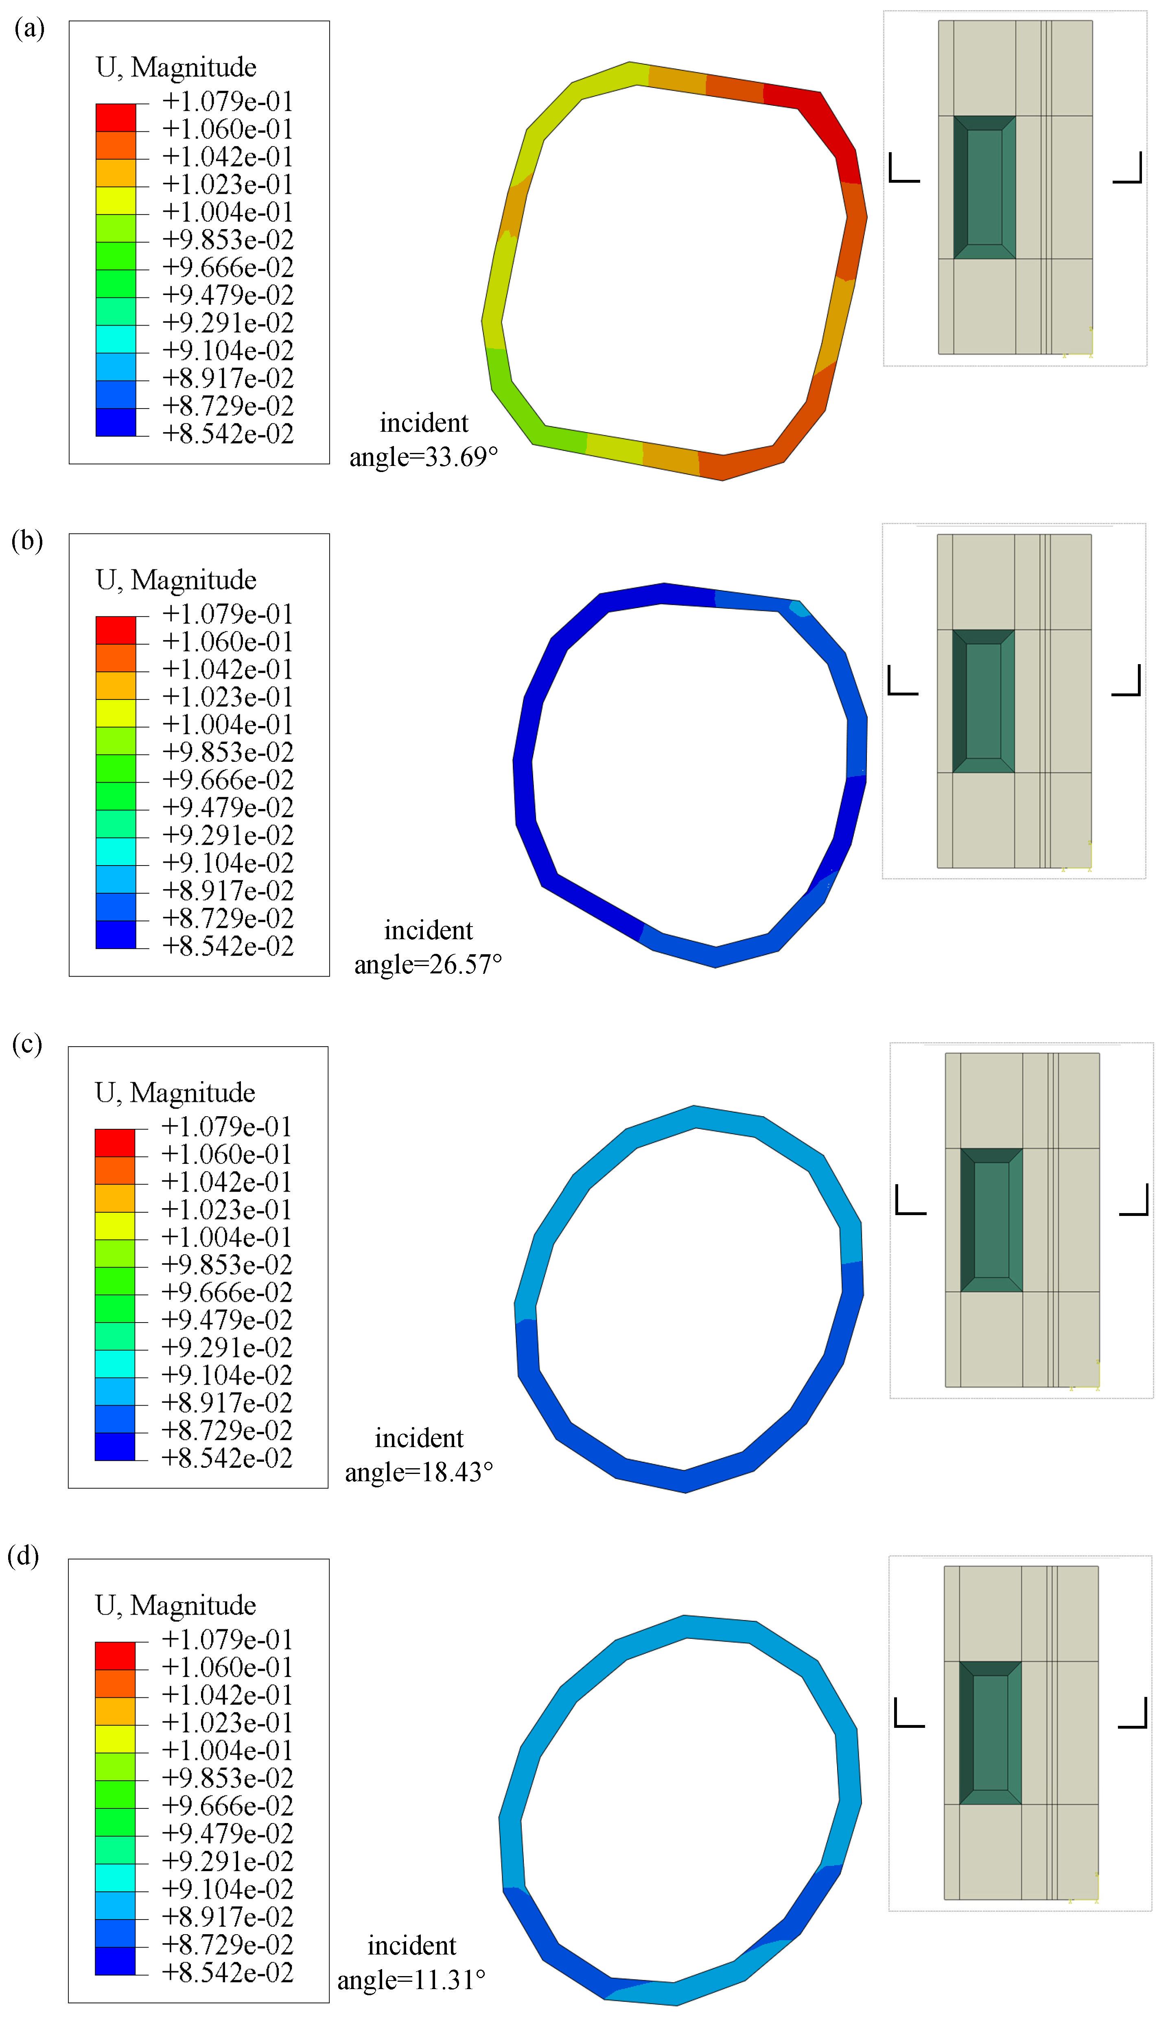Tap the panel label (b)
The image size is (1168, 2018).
point(27,541)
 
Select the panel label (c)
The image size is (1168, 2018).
point(27,1045)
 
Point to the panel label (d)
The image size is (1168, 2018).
point(23,1556)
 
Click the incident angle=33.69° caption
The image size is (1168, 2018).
point(424,439)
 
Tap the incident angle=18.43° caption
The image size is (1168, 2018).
point(419,1455)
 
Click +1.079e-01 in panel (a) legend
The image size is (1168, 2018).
point(227,102)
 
